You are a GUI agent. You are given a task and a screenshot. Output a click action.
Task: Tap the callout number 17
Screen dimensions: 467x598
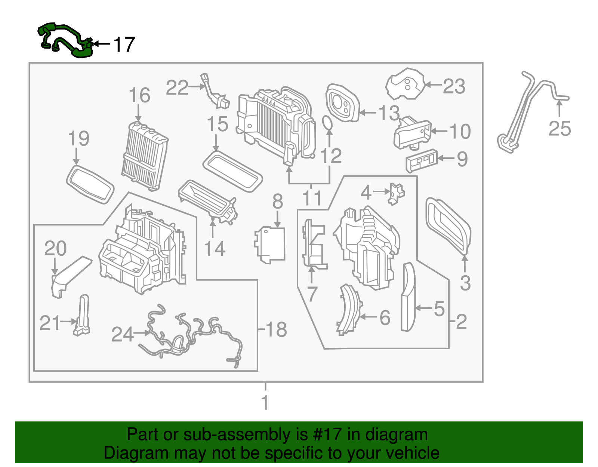tap(124, 44)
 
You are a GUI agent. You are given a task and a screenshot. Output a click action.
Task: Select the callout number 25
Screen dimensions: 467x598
tap(560, 129)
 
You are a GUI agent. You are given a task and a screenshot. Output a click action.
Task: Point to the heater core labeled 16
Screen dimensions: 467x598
tap(145, 156)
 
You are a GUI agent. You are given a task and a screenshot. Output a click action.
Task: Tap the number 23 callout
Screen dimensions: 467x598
tap(454, 86)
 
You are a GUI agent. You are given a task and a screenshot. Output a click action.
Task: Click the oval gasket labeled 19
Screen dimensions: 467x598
tap(90, 185)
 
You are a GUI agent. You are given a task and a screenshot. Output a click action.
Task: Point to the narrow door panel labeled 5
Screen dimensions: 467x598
tap(408, 297)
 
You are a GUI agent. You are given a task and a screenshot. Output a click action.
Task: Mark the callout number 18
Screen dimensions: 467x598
tap(276, 330)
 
